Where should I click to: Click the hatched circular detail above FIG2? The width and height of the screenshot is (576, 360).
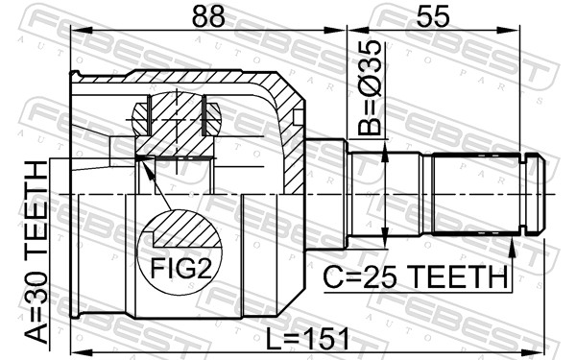click(175, 119)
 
